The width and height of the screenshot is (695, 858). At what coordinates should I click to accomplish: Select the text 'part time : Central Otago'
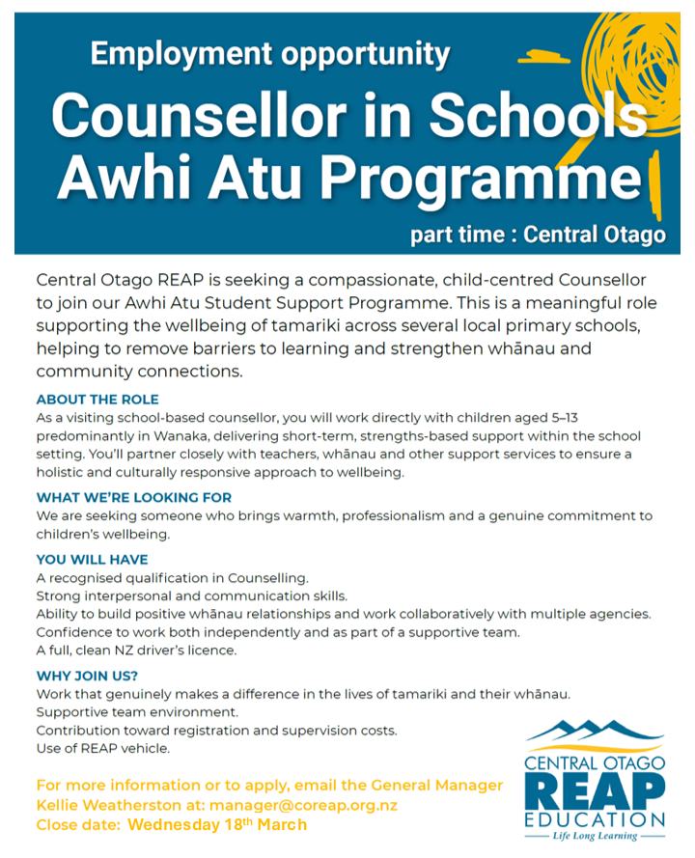pyautogui.click(x=537, y=235)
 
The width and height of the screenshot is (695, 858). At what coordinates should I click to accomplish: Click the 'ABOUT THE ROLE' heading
pyautogui.click(x=97, y=400)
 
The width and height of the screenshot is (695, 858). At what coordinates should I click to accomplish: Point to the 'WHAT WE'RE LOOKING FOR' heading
pyautogui.click(x=134, y=498)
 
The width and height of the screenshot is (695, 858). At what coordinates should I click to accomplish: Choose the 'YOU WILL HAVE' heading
pyautogui.click(x=92, y=559)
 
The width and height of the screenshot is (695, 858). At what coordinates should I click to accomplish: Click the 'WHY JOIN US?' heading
pyautogui.click(x=87, y=676)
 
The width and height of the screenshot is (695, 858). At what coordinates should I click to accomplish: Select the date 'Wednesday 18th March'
pyautogui.click(x=217, y=825)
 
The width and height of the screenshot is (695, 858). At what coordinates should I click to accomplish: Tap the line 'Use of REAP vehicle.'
pyautogui.click(x=103, y=749)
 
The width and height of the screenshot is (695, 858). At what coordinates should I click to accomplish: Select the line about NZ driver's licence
pyautogui.click(x=136, y=650)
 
